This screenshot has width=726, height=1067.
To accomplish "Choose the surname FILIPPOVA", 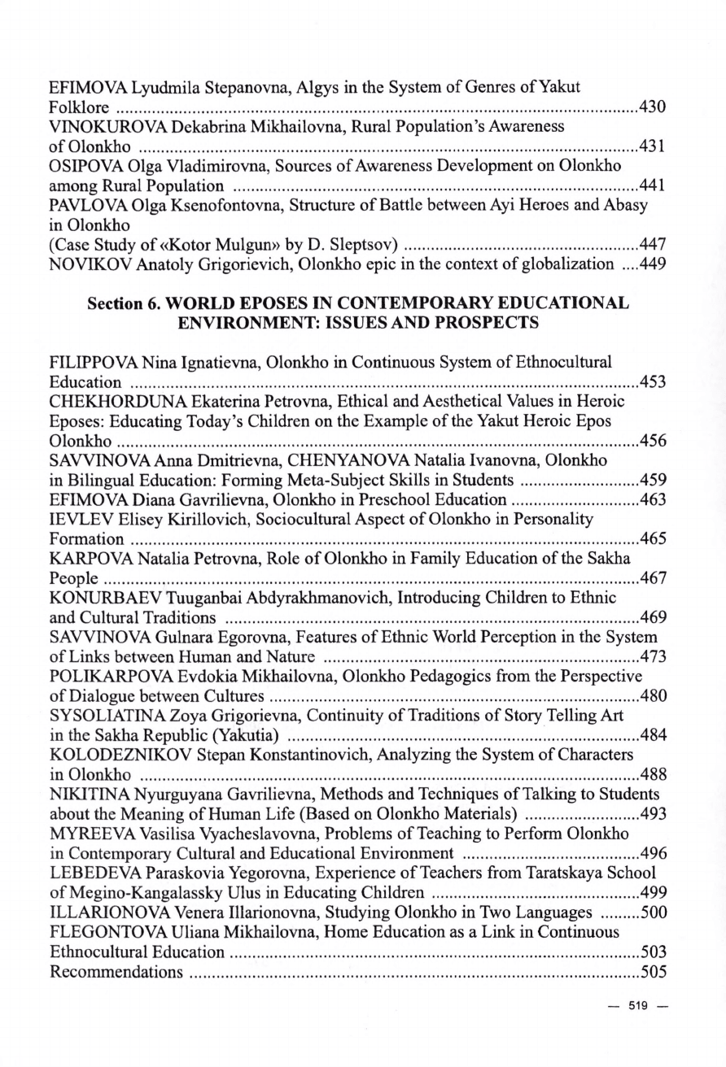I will click(91, 361).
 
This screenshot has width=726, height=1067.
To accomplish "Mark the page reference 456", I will click(653, 442).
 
